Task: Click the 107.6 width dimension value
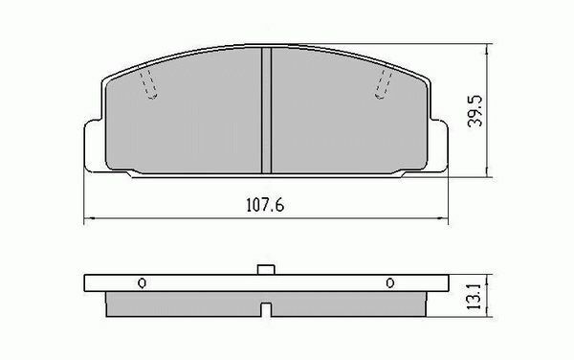[265, 205]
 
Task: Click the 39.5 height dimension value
[475, 111]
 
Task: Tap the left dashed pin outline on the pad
[149, 85]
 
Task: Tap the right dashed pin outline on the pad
[384, 84]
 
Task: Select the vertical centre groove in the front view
[267, 110]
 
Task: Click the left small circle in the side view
[142, 283]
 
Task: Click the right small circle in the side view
[390, 283]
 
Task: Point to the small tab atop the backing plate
[266, 270]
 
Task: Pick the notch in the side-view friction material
[266, 309]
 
